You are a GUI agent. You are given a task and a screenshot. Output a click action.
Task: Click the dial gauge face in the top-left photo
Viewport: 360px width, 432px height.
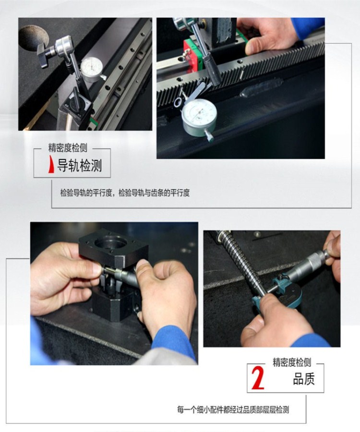pyautogui.click(x=93, y=68)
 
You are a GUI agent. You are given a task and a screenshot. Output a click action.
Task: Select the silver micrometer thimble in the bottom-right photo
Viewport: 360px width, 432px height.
pyautogui.click(x=312, y=263)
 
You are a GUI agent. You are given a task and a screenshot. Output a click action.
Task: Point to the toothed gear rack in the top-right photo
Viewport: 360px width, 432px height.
pyautogui.click(x=269, y=67)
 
